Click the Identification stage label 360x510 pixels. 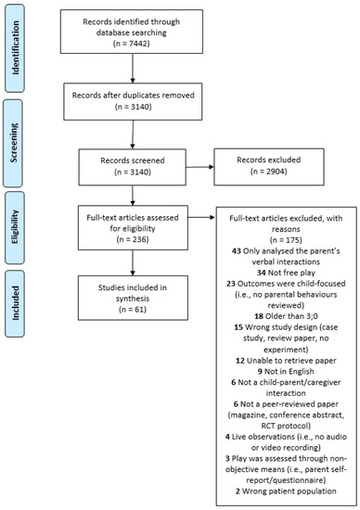(x=15, y=48)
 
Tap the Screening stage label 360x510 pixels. (x=13, y=143)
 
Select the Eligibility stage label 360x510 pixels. (x=15, y=227)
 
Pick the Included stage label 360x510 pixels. (x=15, y=303)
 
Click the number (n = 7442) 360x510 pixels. (x=132, y=44)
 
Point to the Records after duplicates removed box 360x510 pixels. (x=133, y=101)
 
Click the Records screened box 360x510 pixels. (x=133, y=167)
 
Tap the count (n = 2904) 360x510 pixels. (x=268, y=172)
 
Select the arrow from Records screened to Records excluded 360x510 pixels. (x=199, y=167)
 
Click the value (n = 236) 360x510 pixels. (x=133, y=239)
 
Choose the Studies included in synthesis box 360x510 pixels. (x=133, y=298)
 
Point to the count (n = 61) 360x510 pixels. (x=133, y=310)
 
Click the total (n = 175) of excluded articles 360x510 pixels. (x=286, y=240)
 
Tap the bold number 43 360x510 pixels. (x=236, y=250)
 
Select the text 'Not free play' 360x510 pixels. (x=291, y=273)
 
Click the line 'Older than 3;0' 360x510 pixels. (x=290, y=316)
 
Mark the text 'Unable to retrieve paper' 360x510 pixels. (x=291, y=361)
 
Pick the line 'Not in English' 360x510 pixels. (x=289, y=372)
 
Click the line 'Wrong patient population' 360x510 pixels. (x=289, y=491)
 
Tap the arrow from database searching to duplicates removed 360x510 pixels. (x=133, y=68)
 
